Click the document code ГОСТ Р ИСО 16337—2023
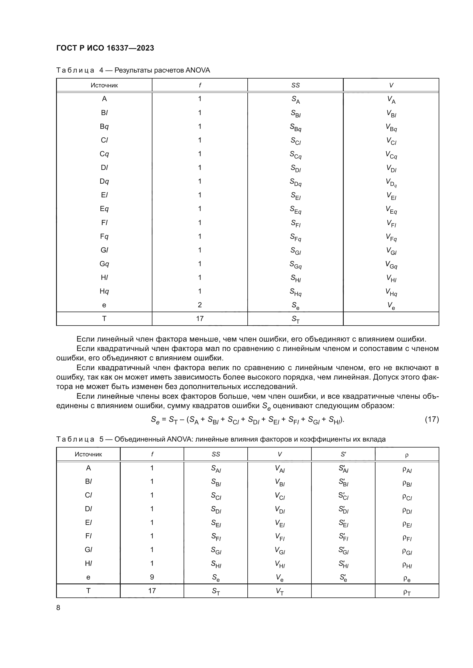(105, 48)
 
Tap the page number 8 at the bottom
(58, 607)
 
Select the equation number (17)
(432, 419)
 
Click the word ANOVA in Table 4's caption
(198, 71)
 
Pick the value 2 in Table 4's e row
(200, 305)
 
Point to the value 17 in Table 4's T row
(200, 319)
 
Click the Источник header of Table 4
(104, 85)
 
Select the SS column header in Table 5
(216, 454)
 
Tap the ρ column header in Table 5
(407, 455)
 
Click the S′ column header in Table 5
(343, 454)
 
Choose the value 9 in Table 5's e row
(152, 577)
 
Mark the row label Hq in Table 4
(104, 291)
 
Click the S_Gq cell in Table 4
(295, 265)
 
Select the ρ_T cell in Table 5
(407, 592)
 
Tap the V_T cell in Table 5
(280, 591)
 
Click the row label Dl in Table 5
(88, 509)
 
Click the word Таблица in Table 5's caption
(75, 439)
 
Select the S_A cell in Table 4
(295, 100)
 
